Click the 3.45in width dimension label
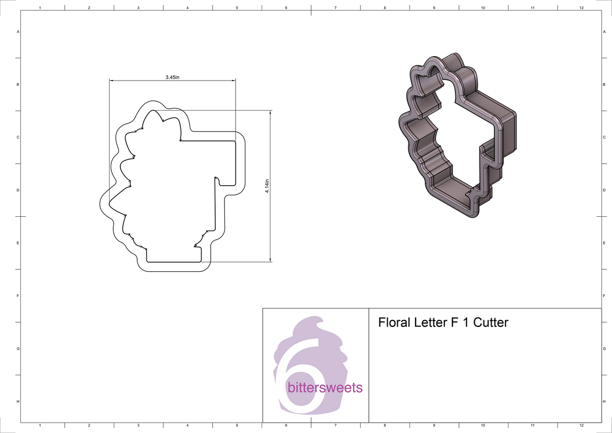172,77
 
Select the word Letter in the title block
427,322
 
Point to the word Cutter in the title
491,322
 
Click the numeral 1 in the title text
465,322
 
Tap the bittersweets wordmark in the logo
325,388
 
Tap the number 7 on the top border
335,8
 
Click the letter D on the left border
18,190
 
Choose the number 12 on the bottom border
581,425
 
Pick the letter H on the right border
604,402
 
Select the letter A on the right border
604,32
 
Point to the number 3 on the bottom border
138,425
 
